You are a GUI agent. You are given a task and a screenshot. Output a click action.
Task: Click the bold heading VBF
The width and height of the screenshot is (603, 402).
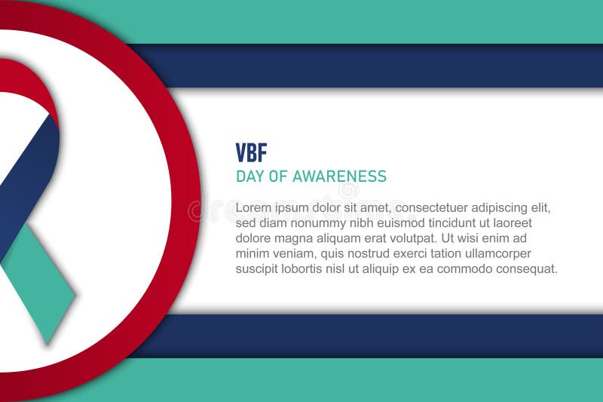click(x=251, y=153)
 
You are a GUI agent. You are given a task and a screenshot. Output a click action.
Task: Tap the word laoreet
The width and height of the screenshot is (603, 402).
click(x=511, y=223)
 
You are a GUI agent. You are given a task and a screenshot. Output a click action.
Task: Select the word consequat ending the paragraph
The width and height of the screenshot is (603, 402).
click(x=526, y=269)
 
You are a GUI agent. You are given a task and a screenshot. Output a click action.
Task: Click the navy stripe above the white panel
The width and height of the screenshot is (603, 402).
click(x=377, y=66)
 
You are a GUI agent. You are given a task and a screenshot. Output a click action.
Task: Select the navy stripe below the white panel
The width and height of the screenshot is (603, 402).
click(x=377, y=335)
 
